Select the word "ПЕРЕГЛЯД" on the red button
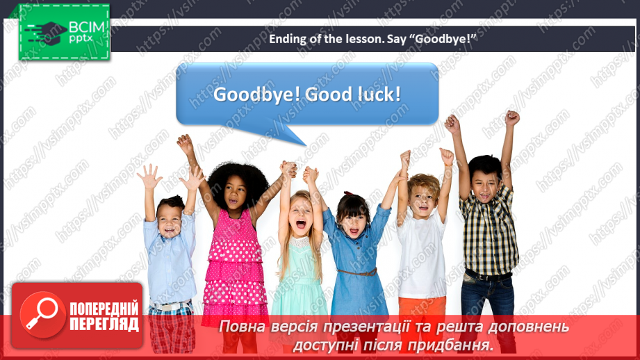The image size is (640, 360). [104, 324]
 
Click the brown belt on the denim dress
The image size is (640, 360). [356, 272]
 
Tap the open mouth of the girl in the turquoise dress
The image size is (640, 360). [301, 224]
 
